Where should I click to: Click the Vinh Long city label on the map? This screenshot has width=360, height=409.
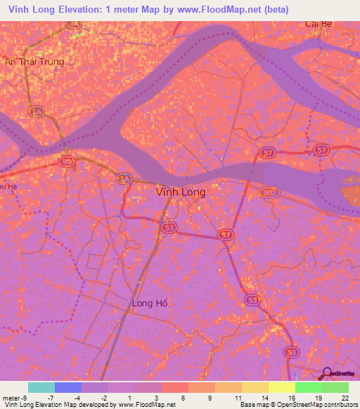click(180, 192)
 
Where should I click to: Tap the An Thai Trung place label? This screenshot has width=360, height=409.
click(34, 62)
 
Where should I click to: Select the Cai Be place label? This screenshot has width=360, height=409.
click(319, 23)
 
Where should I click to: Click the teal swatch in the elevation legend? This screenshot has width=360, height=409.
click(41, 387)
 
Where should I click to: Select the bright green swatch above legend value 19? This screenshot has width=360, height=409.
click(309, 387)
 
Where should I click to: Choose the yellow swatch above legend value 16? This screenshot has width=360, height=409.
click(282, 387)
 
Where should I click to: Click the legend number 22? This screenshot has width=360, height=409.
click(345, 398)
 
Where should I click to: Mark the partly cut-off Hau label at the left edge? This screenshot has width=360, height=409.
click(6, 187)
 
